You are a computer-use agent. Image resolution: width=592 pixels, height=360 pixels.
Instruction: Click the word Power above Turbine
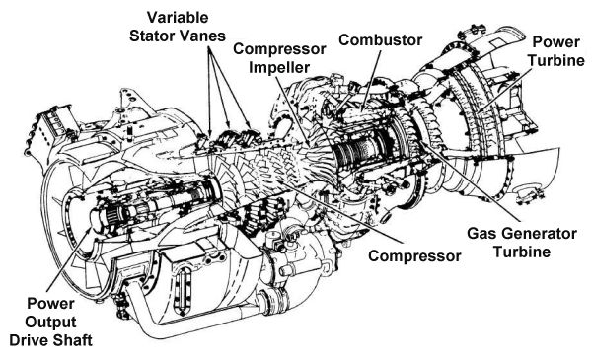(558, 43)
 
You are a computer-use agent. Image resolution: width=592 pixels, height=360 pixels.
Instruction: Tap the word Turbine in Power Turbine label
(557, 62)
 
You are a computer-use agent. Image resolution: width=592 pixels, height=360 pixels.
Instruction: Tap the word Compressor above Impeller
(271, 50)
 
